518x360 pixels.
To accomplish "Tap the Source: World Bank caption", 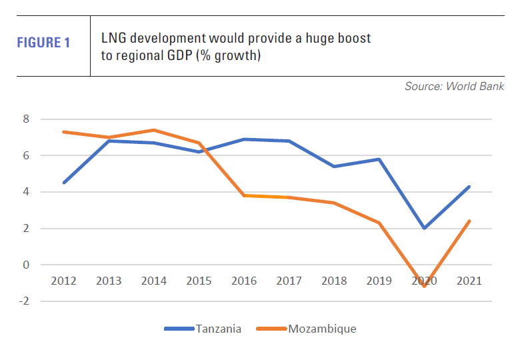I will [454, 87].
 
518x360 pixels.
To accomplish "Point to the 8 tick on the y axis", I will [27, 119].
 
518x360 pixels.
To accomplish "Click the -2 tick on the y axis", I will [25, 301].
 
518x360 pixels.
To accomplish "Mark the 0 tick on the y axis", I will [27, 265].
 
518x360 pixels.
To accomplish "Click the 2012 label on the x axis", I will [63, 281].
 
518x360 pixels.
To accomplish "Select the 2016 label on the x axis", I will [244, 281].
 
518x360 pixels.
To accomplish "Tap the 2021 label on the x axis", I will [469, 281].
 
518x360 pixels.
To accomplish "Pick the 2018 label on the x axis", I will [334, 281].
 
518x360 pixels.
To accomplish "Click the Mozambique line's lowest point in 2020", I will [424, 286].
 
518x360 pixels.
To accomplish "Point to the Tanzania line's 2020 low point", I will [424, 228].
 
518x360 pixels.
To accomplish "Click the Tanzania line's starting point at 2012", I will [63, 183].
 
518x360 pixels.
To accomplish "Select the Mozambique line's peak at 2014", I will [153, 130].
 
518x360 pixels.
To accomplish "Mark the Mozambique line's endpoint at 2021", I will [469, 221].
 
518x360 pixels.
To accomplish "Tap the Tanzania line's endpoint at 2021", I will [469, 187].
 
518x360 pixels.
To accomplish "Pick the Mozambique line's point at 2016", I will [244, 195].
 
